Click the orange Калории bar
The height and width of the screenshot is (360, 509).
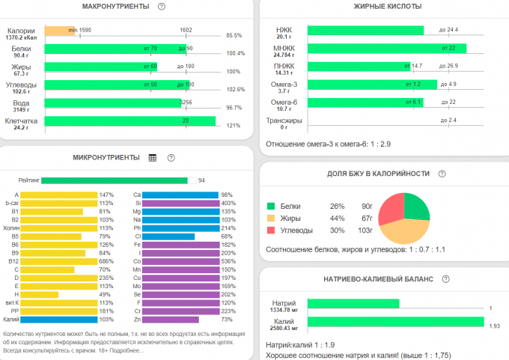click(x=58, y=31)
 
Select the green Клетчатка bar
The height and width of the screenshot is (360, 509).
click(x=130, y=121)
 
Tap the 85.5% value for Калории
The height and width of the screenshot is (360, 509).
click(x=234, y=35)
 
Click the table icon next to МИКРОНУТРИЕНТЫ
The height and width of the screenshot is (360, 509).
click(x=153, y=158)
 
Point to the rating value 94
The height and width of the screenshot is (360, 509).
click(x=201, y=180)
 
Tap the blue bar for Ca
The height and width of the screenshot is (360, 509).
click(x=180, y=195)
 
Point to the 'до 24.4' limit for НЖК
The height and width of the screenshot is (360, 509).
click(x=449, y=30)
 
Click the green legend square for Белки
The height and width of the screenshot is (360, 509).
click(x=271, y=206)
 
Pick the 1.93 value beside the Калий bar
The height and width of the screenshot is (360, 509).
click(x=495, y=327)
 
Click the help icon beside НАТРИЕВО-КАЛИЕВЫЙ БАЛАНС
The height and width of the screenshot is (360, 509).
click(x=446, y=278)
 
